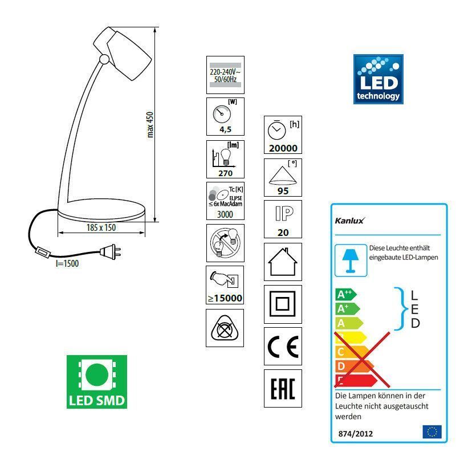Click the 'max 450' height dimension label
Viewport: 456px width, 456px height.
[x=150, y=124]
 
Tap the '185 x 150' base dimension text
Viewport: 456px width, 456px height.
[x=101, y=227]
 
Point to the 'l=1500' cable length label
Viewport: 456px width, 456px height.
[x=67, y=263]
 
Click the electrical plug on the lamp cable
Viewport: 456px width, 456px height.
[x=110, y=251]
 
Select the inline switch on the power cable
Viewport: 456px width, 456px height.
[x=43, y=252]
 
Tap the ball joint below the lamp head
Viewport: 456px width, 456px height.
[x=104, y=59]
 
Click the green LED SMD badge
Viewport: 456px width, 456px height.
[x=97, y=381]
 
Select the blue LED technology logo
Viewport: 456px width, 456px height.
[x=378, y=79]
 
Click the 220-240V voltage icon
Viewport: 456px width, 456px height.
[x=225, y=75]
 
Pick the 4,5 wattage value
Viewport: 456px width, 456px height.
[x=225, y=129]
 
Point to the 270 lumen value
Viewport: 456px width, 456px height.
[x=225, y=173]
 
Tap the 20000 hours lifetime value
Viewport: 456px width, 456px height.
[x=283, y=148]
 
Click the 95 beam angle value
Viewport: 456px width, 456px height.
[x=283, y=191]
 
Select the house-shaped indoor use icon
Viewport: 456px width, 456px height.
[x=283, y=262]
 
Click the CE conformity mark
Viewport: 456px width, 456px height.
[x=283, y=347]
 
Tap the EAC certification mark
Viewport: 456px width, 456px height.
[x=283, y=389]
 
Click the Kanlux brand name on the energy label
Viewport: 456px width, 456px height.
[x=349, y=221]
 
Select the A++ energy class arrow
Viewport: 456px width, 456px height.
[x=346, y=295]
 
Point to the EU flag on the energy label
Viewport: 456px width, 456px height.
[x=432, y=432]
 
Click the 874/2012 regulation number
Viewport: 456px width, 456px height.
[x=355, y=434]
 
